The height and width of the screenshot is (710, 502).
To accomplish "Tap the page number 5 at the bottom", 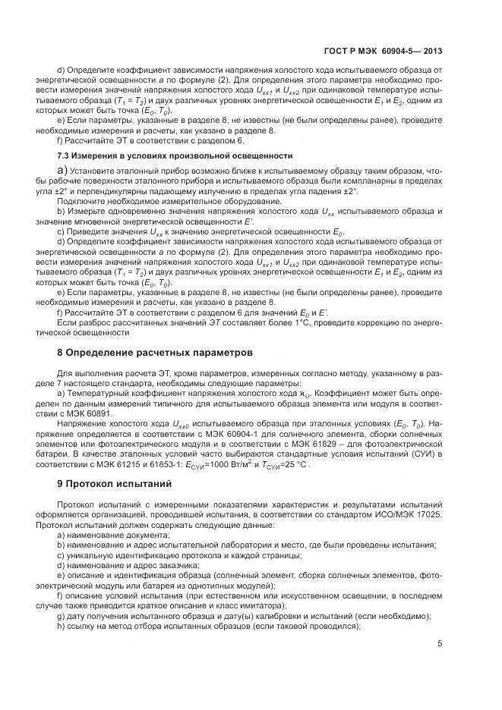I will pyautogui.click(x=440, y=645).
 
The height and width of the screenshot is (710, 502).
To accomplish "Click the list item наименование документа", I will pyautogui.click(x=109, y=535).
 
